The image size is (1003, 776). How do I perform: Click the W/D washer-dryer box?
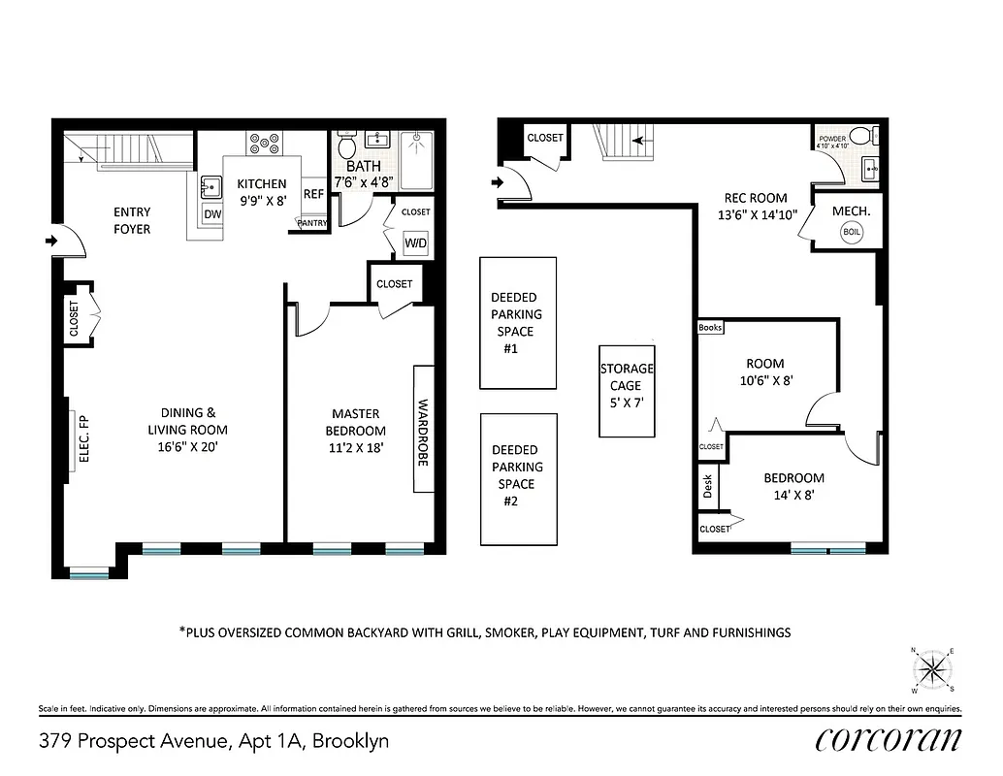pyautogui.click(x=416, y=242)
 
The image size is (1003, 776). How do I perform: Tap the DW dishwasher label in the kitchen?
pyautogui.click(x=211, y=214)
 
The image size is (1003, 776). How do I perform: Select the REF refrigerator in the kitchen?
pyautogui.click(x=313, y=193)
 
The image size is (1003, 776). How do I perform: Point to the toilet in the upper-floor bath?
pyautogui.click(x=345, y=148)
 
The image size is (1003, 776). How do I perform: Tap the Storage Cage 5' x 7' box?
pyautogui.click(x=627, y=391)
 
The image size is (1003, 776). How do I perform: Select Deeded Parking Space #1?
pyautogui.click(x=517, y=323)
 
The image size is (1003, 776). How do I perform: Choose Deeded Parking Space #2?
pyautogui.click(x=517, y=476)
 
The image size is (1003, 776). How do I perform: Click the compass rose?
pyautogui.click(x=932, y=668)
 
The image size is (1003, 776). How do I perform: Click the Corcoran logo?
pyautogui.click(x=889, y=739)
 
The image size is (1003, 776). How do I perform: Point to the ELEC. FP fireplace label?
pyautogui.click(x=83, y=438)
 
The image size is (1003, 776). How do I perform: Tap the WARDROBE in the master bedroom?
pyautogui.click(x=423, y=430)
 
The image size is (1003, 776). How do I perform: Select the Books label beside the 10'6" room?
pyautogui.click(x=711, y=328)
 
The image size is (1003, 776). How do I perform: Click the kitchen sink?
pyautogui.click(x=210, y=184)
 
